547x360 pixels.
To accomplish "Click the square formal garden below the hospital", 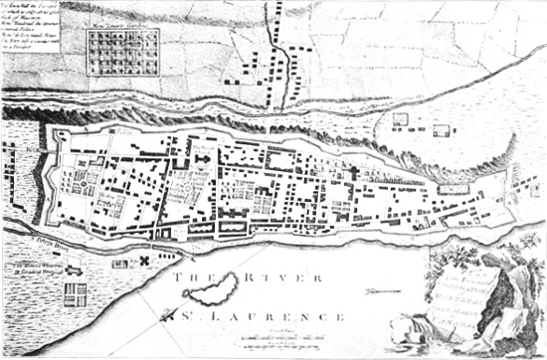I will (76, 295).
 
